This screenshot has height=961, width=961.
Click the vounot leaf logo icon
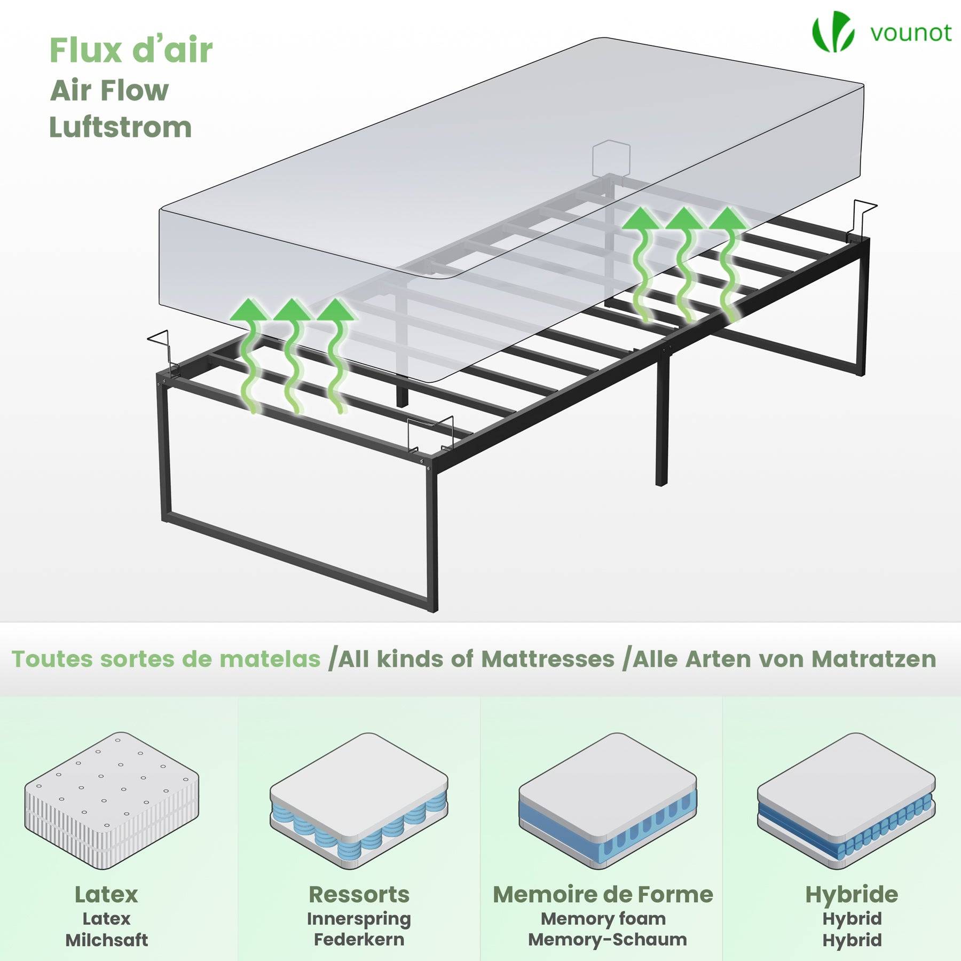tap(833, 32)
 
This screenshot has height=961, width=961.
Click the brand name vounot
tap(911, 33)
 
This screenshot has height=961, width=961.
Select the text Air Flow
tap(109, 90)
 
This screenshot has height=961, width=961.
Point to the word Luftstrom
tap(121, 128)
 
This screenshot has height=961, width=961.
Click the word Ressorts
tap(359, 894)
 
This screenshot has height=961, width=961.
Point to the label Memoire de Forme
tap(603, 894)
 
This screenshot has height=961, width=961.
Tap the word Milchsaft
tap(107, 940)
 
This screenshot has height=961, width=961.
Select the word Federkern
tap(359, 940)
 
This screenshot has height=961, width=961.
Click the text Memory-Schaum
tap(608, 940)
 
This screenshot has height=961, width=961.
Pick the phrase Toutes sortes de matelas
tap(166, 659)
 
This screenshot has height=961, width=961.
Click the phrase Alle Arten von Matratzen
tap(784, 659)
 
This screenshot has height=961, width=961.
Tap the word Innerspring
tap(359, 919)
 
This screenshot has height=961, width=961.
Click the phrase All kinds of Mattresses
tap(477, 659)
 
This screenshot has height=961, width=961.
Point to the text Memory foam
tap(603, 919)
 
